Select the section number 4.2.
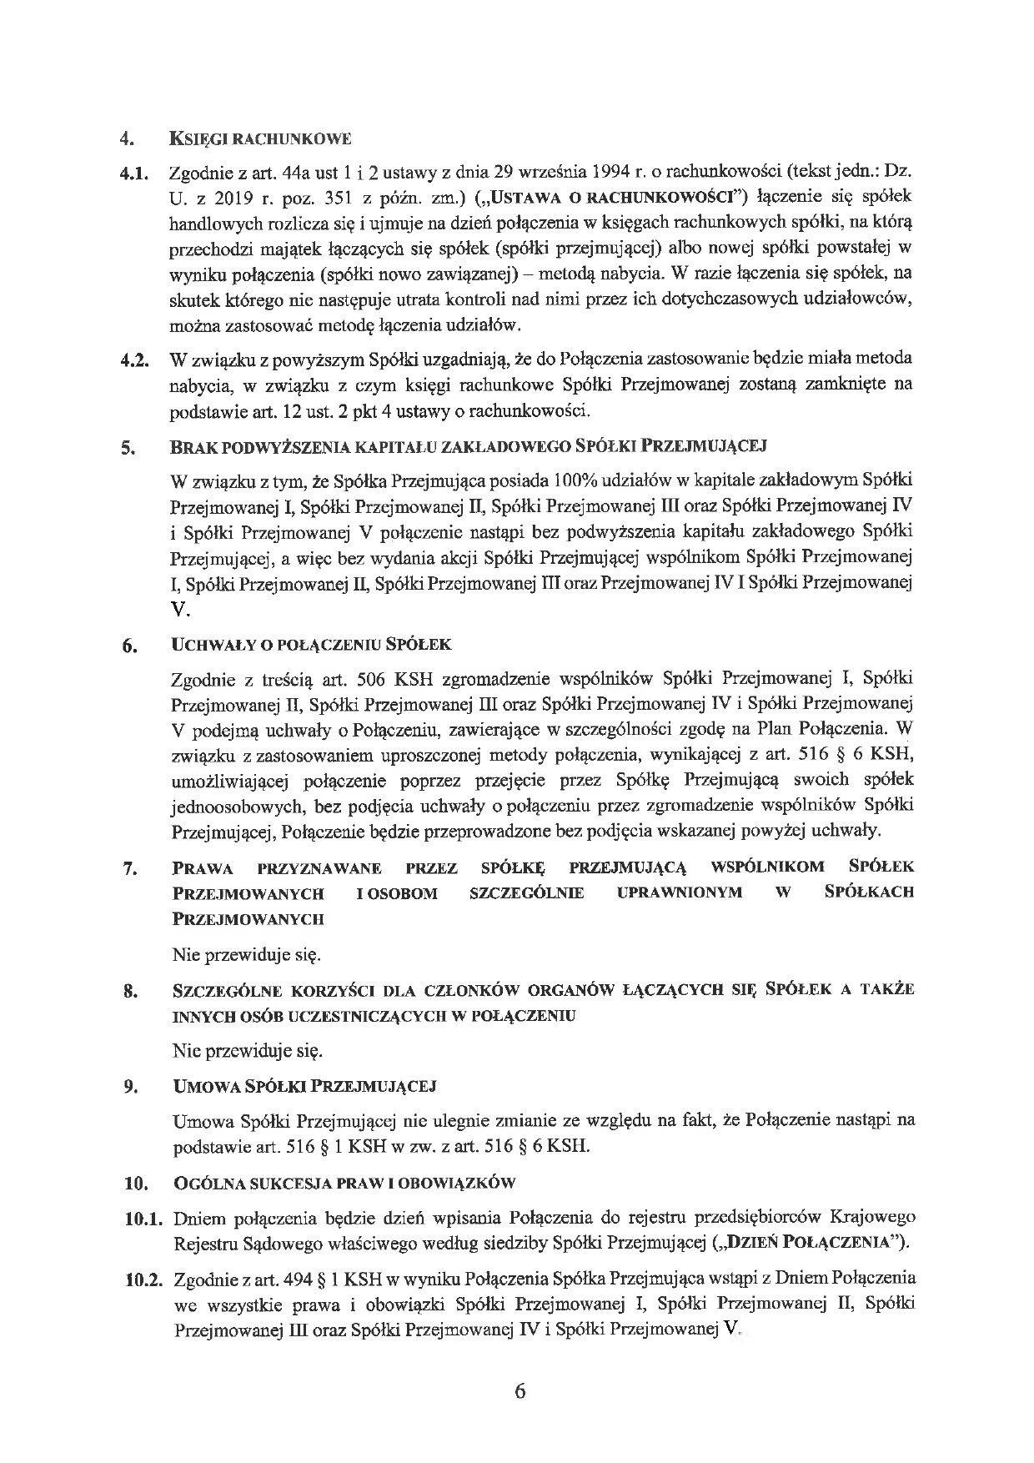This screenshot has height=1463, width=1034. click(x=133, y=360)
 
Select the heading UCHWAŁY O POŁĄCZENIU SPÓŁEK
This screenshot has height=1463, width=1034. click(x=311, y=645)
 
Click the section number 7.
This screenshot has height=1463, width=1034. click(x=128, y=869)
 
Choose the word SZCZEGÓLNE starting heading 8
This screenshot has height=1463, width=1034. click(x=220, y=990)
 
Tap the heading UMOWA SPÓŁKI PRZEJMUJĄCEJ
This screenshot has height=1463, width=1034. click(x=304, y=1087)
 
